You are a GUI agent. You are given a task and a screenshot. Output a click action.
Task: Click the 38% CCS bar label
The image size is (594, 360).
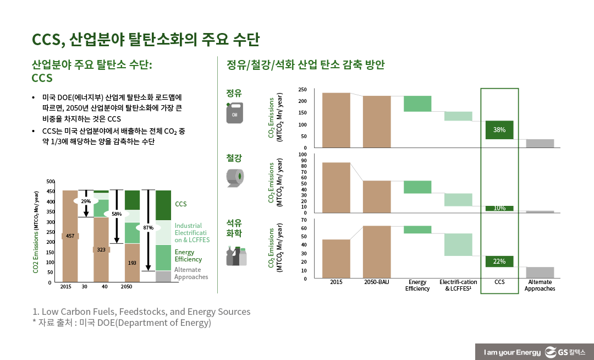(x=499, y=130)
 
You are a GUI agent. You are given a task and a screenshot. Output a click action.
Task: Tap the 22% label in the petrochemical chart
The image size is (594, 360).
(x=499, y=261)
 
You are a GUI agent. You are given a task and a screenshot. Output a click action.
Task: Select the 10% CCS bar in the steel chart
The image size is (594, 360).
(x=499, y=208)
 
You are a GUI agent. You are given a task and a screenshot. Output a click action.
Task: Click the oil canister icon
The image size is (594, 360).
(x=234, y=113)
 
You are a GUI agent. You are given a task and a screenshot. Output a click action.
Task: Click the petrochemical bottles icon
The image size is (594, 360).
(x=237, y=257)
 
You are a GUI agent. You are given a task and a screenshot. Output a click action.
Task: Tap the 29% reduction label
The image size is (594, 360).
(x=86, y=201)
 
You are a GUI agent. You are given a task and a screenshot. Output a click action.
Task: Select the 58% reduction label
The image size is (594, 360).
(x=117, y=214)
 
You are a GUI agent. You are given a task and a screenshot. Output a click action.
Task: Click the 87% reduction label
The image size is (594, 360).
(x=148, y=227)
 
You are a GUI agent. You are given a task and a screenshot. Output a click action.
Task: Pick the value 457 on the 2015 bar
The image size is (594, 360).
(x=70, y=236)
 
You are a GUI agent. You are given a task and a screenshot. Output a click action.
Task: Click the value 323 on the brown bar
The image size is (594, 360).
(x=101, y=249)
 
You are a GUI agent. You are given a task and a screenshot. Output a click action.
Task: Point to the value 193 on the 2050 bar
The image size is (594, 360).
(x=132, y=263)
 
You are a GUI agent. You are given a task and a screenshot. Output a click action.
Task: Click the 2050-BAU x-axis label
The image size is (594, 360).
(x=377, y=282)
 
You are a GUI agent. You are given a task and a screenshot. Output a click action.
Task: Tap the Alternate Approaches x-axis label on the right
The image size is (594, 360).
(x=540, y=285)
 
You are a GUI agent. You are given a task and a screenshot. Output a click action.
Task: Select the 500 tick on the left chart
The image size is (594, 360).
(x=51, y=182)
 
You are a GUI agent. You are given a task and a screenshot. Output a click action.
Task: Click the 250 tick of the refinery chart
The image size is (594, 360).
(x=302, y=89)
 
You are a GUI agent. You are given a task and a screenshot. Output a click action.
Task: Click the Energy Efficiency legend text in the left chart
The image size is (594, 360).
(x=188, y=255)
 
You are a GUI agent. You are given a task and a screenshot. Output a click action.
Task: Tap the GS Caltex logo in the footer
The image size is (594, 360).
(x=566, y=352)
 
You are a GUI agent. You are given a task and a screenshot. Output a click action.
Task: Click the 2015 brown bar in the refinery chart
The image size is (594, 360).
(x=336, y=120)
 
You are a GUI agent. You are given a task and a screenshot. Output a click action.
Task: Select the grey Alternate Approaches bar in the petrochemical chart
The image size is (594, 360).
(x=540, y=272)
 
